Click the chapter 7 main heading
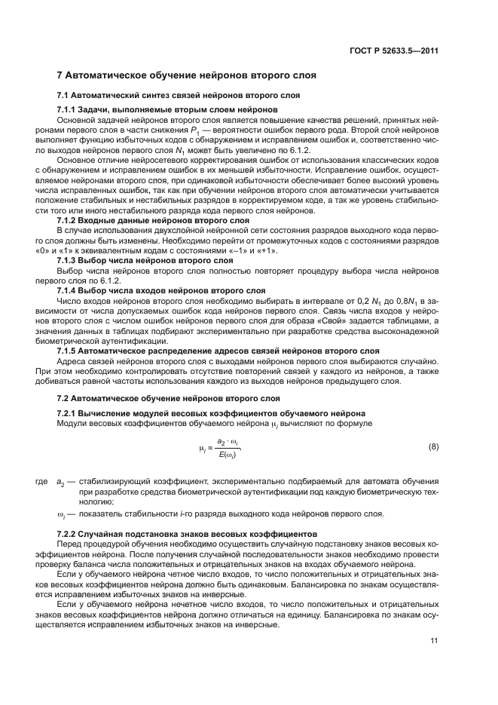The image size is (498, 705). tap(181, 75)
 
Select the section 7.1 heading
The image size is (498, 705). tap(179, 95)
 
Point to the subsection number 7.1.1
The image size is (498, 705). tap(69, 110)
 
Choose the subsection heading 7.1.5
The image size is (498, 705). tap(218, 350)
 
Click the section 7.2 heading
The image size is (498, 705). tap(168, 397)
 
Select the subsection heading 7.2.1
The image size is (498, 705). tap(212, 413)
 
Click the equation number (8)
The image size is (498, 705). tap(433, 447)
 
